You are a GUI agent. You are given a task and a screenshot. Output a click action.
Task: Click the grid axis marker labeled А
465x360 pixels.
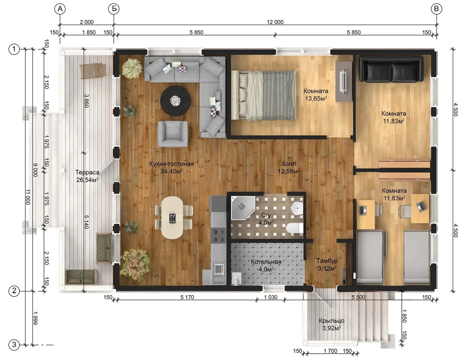tap(60, 9)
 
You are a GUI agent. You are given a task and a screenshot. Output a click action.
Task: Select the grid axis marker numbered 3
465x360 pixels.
tap(14, 345)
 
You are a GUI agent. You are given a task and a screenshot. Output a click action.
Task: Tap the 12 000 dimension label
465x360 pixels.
tap(275, 22)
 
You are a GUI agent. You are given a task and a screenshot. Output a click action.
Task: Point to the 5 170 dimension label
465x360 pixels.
tap(187, 297)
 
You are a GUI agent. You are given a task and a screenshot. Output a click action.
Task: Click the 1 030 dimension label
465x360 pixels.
tap(271, 297)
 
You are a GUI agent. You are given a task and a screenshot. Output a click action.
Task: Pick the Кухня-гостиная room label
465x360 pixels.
tap(171, 164)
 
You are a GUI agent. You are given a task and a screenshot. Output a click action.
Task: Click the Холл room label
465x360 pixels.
tap(288, 164)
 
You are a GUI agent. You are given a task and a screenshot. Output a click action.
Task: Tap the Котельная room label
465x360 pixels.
tap(266, 262)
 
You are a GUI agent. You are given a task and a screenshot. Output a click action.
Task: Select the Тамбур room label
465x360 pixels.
tap(327, 261)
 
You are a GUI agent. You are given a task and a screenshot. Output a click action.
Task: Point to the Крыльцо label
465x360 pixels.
tap(332, 320)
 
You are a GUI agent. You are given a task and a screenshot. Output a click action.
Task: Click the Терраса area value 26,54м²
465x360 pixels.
tap(87, 180)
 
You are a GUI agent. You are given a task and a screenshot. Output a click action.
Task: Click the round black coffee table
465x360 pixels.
tap(175, 101)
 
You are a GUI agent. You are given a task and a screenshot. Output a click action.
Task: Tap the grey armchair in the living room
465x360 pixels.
tap(173, 134)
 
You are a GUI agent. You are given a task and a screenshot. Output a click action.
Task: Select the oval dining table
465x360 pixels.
tap(172, 217)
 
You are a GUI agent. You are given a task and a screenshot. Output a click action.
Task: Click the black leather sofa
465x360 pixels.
tap(391, 69)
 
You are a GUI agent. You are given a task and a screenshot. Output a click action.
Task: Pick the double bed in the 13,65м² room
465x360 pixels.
tap(264, 95)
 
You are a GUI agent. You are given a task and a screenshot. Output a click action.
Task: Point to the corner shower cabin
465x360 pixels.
tap(242, 207)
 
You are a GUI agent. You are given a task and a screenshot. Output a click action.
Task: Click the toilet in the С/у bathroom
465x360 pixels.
tap(295, 228)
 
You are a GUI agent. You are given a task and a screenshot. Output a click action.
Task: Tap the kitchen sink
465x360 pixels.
tap(219, 274)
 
